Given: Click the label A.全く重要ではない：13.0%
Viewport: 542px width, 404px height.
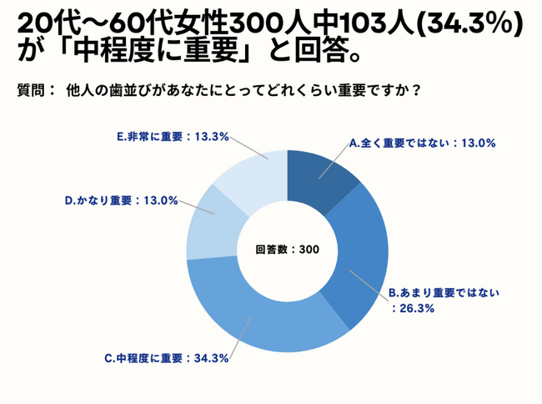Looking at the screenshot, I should point(423,143).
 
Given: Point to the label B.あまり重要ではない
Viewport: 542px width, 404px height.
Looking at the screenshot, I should point(444,293).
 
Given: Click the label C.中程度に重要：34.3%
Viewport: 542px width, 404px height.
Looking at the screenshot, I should point(167,359).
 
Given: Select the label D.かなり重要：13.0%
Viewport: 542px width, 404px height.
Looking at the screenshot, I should point(122,200).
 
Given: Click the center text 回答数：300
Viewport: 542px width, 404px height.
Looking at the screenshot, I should point(287,249).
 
